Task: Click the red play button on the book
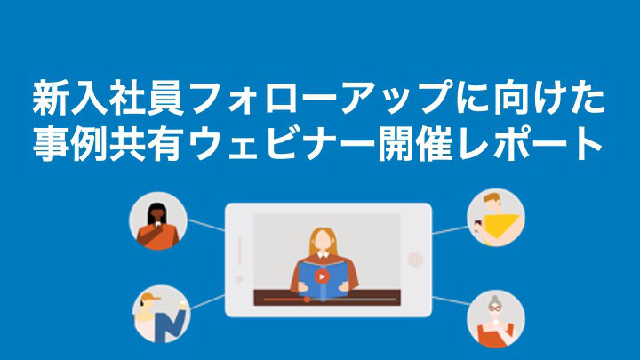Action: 322,276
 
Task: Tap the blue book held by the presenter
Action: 323,280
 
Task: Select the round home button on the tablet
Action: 415,260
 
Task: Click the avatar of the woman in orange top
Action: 158,220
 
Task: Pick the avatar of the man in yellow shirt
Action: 496,218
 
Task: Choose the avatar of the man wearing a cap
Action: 162,314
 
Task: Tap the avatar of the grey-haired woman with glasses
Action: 496,319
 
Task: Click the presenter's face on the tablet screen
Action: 323,241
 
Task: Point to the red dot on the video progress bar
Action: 307,300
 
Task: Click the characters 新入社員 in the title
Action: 108,99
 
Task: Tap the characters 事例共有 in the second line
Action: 108,144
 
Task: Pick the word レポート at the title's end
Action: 530,144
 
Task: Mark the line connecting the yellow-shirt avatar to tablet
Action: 450,230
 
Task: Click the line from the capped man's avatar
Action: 207,301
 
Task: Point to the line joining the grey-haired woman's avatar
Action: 450,300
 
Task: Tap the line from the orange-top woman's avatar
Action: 205,225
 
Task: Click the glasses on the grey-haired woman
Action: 495,308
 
